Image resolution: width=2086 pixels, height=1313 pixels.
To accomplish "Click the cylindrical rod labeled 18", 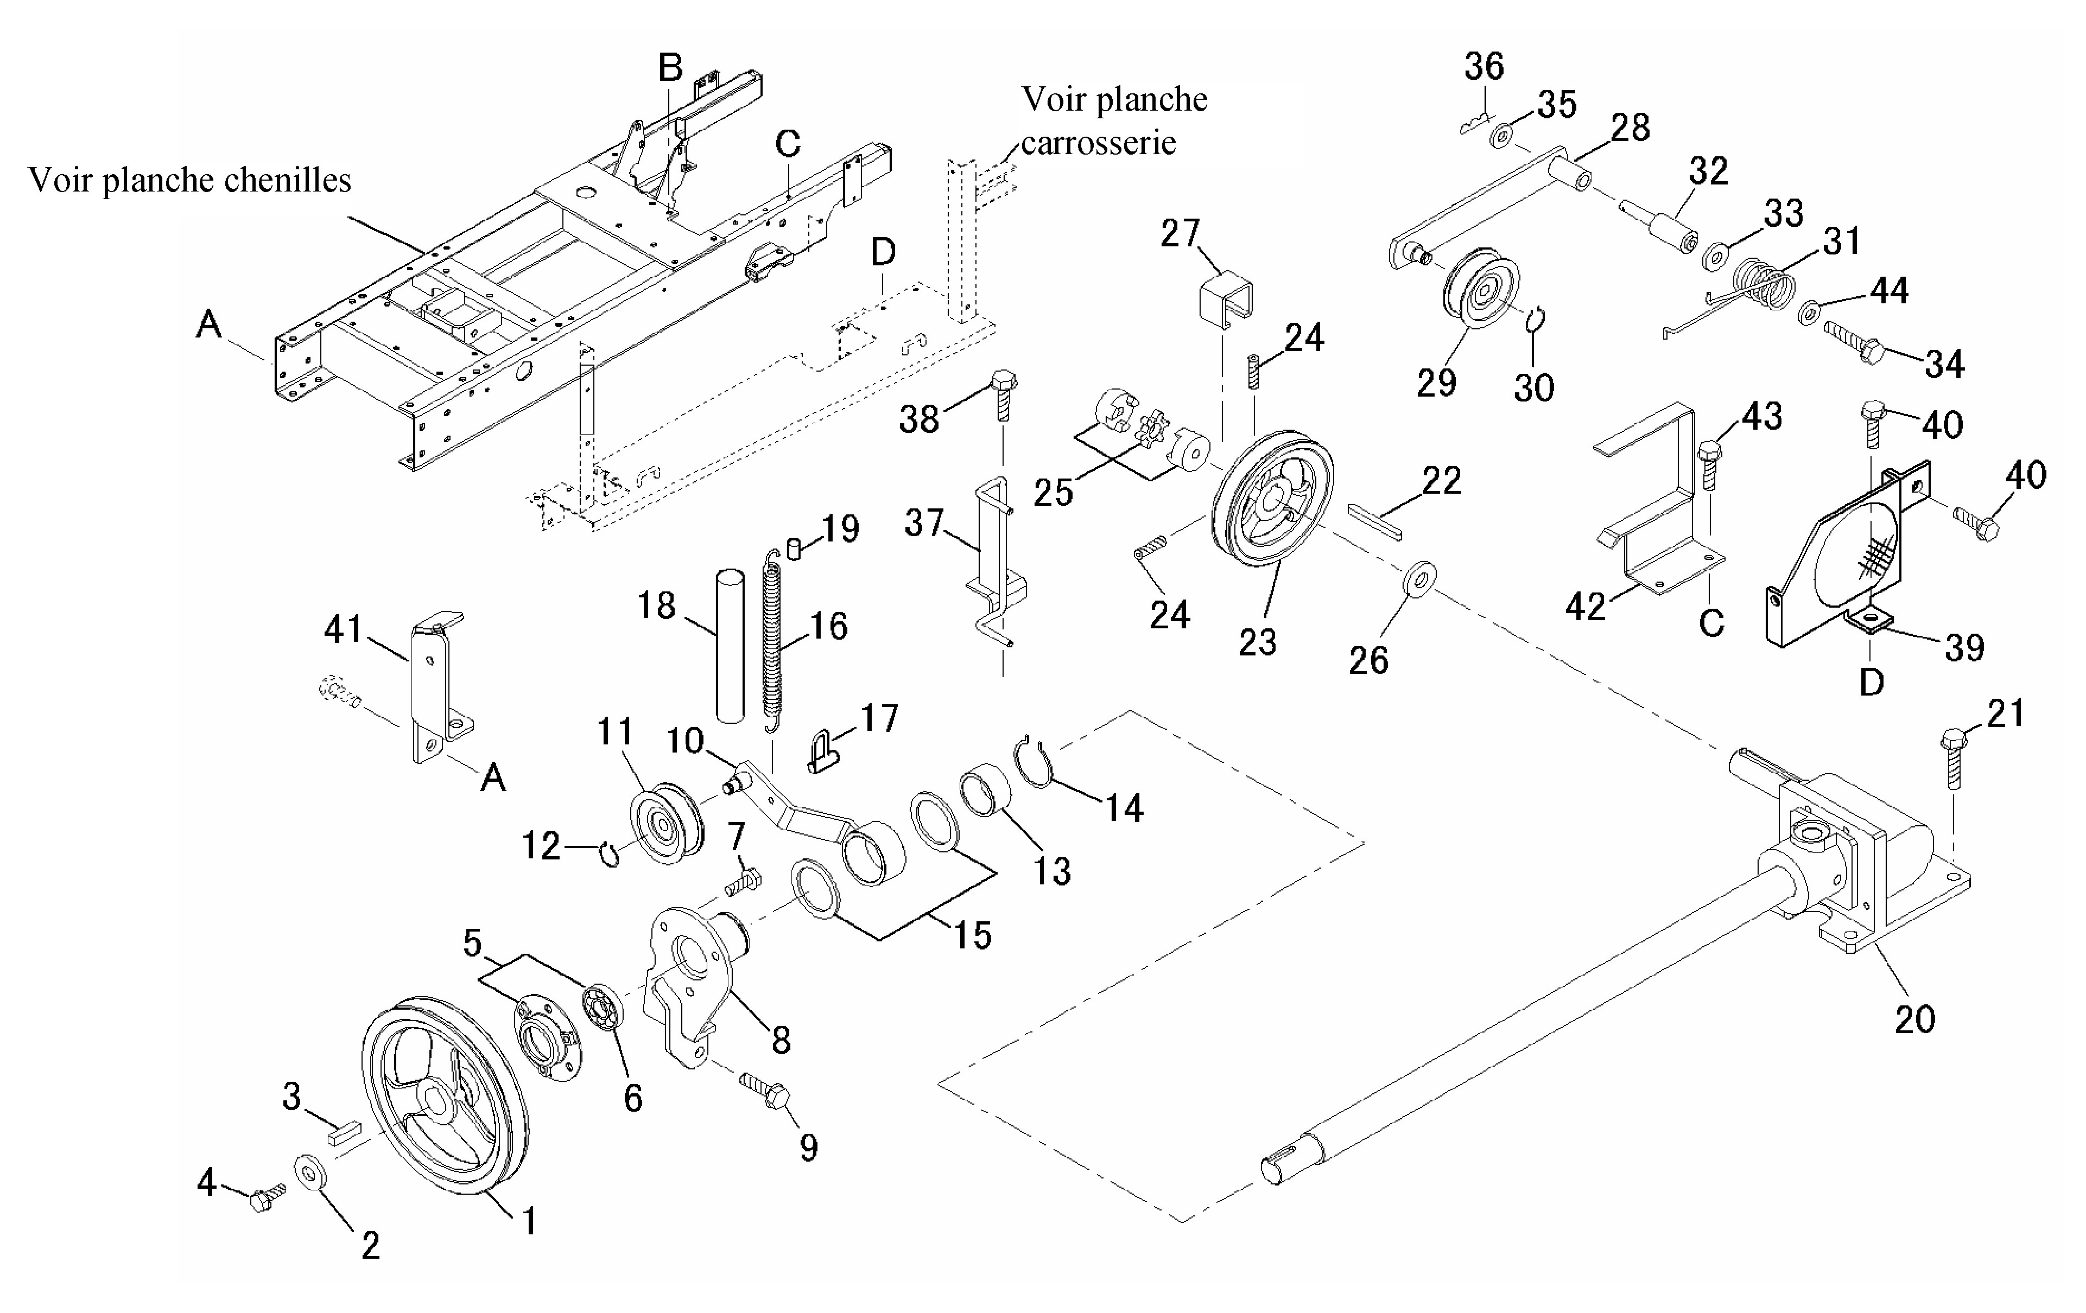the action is click(x=730, y=645).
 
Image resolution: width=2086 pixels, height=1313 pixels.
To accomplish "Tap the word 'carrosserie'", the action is click(x=1099, y=143).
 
